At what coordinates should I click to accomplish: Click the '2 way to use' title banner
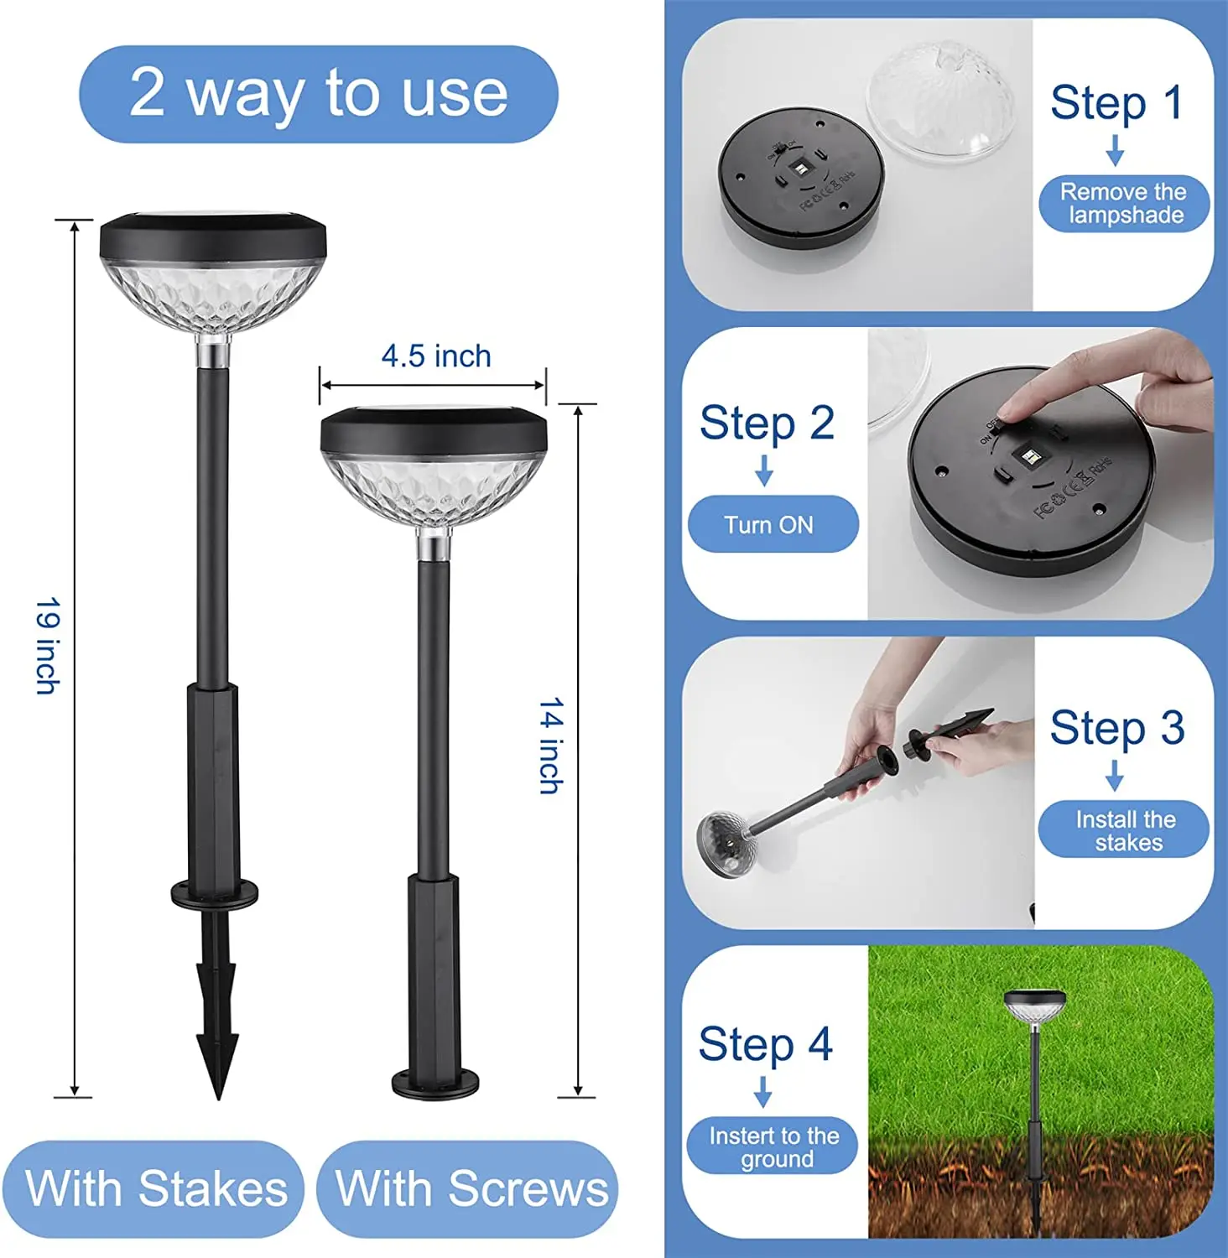tap(319, 94)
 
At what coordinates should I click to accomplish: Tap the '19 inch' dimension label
tap(48, 646)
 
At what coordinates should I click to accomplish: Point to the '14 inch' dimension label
tap(550, 746)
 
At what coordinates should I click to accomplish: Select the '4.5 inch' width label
tap(436, 356)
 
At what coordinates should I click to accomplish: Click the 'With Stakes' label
tap(156, 1188)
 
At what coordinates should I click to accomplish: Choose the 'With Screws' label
tap(471, 1188)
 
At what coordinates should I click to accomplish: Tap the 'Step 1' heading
tap(1116, 103)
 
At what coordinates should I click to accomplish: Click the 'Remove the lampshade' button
tap(1123, 204)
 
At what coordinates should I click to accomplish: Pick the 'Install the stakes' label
tap(1125, 830)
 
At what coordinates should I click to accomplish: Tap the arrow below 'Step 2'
tap(763, 470)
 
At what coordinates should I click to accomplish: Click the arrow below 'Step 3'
tap(1115, 775)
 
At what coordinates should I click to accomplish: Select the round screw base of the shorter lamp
tap(435, 1084)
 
